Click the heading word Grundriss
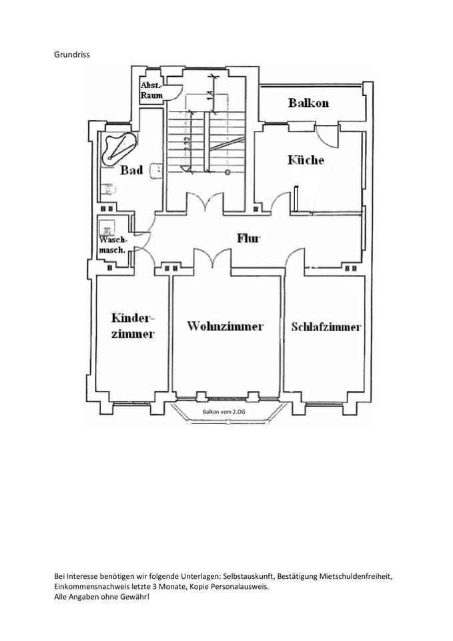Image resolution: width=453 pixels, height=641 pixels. coord(71,53)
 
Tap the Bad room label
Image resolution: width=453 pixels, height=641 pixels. coord(131,171)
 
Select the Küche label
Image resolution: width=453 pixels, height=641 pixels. coord(306,160)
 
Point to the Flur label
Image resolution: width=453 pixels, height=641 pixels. coord(248,238)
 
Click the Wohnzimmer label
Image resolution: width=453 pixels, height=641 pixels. coord(225,327)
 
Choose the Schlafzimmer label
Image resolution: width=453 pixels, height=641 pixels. coord(326,327)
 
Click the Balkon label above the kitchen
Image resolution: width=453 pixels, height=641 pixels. coord(308,103)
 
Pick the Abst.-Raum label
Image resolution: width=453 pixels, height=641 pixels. coord(150,90)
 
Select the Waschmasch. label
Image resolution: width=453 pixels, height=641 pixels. coord(113,244)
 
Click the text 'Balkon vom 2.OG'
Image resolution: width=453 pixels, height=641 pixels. coord(224,412)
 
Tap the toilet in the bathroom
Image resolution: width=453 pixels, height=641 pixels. coord(105,189)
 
